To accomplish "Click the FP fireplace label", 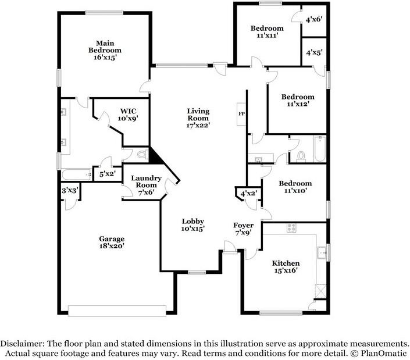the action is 241,114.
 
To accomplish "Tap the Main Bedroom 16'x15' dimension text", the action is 105,58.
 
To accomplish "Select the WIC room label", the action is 128,111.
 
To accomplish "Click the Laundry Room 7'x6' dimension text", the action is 146,192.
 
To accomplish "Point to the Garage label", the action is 112,238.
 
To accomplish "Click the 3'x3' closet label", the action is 70,191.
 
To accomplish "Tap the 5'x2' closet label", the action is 107,173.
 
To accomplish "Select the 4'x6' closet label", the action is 314,19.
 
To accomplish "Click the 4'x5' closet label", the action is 314,52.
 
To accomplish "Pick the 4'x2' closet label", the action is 249,194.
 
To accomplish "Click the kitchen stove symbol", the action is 291,228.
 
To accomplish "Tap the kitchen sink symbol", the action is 322,253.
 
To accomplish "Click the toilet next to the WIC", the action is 142,155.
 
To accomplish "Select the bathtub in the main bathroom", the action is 77,174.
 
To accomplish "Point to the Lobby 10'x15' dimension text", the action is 193,229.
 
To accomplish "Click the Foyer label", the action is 244,225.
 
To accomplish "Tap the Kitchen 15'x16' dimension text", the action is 286,270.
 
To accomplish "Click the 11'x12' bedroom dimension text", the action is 298,104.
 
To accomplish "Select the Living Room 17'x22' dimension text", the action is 198,125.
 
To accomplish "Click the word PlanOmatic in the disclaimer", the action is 384,354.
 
